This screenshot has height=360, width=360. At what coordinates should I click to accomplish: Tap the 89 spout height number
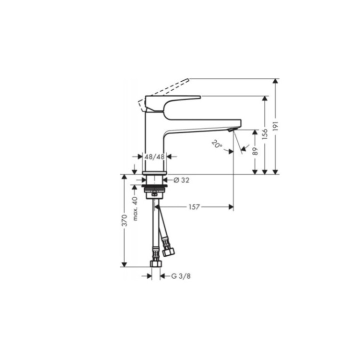pyautogui.click(x=255, y=150)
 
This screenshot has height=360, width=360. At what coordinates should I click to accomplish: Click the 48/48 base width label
pyautogui.click(x=154, y=156)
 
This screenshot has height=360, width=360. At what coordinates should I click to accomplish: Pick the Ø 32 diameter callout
pyautogui.click(x=181, y=180)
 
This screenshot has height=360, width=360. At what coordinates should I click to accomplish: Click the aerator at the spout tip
pyautogui.click(x=230, y=130)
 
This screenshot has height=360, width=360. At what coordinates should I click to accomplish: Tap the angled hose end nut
pyautogui.click(x=168, y=248)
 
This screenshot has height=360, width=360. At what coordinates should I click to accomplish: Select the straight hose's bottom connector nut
pyautogui.click(x=155, y=262)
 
